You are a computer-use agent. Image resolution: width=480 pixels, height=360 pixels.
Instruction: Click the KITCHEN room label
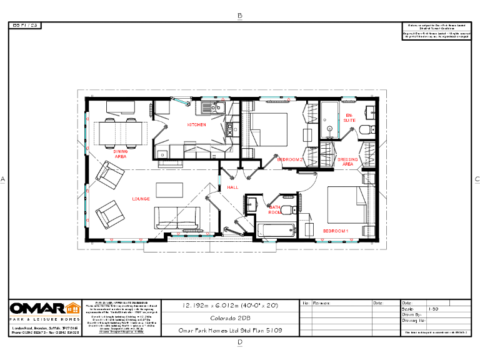(x=196, y=125)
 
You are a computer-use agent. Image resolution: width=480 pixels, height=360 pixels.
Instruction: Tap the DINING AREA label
(x=120, y=153)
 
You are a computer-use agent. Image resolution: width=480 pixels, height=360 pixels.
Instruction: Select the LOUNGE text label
(x=141, y=199)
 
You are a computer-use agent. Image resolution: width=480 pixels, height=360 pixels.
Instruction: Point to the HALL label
(x=232, y=187)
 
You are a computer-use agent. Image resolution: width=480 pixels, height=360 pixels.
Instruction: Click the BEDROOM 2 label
(x=290, y=160)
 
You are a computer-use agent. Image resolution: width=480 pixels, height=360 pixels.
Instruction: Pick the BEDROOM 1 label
(x=336, y=231)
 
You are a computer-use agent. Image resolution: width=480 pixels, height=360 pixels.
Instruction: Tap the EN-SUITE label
(x=349, y=117)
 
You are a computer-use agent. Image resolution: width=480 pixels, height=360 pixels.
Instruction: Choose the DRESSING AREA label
(x=348, y=162)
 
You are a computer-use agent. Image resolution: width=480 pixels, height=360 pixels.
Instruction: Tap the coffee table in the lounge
(x=169, y=189)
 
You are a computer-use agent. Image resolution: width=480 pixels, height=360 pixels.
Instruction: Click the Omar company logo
(x=44, y=309)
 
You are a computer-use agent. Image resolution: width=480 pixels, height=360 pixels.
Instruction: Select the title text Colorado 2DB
(x=231, y=318)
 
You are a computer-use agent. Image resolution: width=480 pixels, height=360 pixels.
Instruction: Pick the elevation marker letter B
(x=240, y=16)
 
